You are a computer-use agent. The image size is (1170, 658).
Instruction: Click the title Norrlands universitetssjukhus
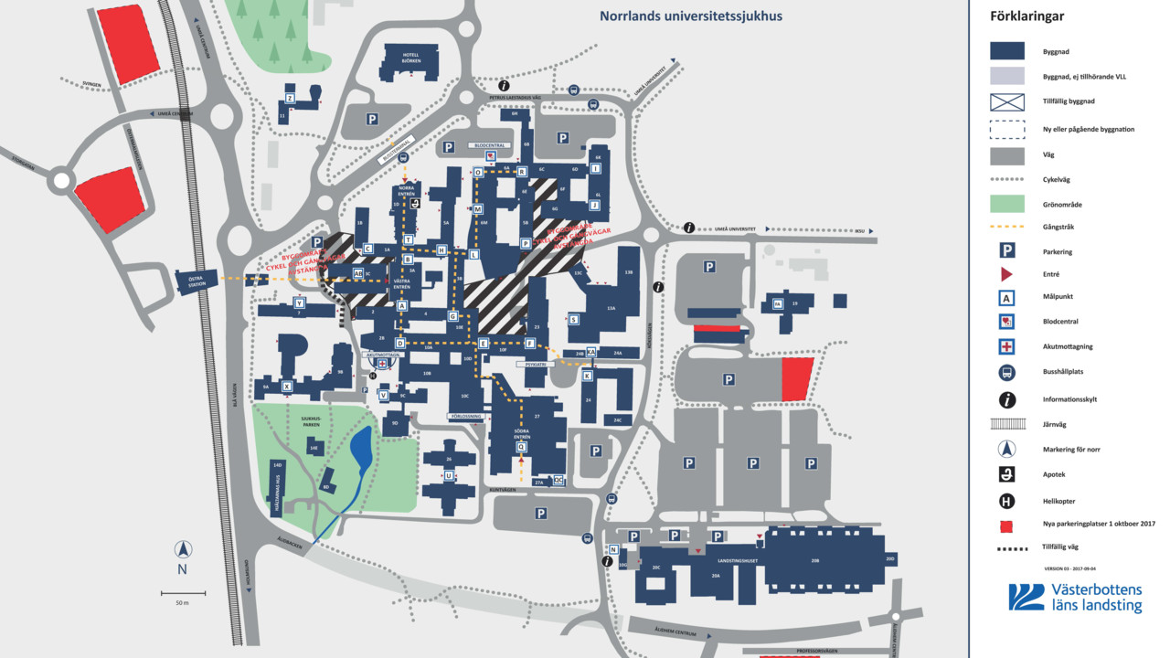690,16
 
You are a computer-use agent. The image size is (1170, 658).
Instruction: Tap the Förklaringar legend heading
1026,16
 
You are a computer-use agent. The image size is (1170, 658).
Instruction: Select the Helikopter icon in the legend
1006,501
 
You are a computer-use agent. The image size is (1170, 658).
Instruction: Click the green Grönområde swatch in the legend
1006,204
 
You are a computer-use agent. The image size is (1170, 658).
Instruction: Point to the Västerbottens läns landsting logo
1075,598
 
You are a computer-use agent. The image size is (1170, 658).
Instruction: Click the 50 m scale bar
183,594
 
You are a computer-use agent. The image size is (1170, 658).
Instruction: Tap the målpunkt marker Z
290,98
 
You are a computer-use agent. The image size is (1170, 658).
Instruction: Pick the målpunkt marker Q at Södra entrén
521,446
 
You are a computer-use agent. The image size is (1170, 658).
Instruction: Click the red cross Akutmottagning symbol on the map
383,363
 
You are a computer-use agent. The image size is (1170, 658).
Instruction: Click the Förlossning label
464,416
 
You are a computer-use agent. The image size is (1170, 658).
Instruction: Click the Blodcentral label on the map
487,145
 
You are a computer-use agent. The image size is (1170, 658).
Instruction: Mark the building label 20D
888,558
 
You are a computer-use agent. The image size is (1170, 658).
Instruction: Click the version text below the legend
1069,568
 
